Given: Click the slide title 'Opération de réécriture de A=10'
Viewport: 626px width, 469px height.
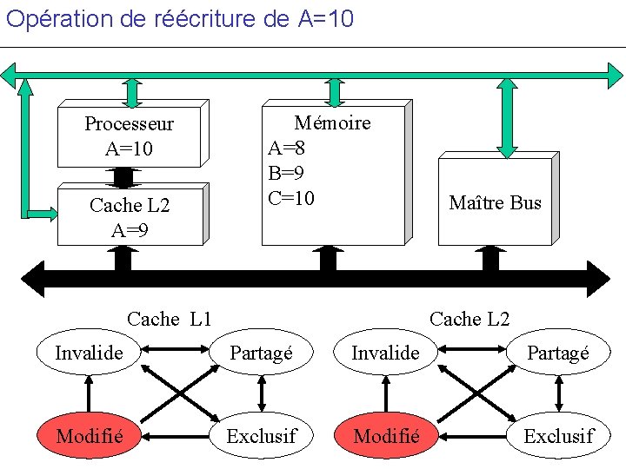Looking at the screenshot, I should tap(180, 18).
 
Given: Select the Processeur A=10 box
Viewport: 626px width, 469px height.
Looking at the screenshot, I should tap(129, 136).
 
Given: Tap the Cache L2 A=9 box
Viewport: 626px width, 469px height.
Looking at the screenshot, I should tap(130, 217).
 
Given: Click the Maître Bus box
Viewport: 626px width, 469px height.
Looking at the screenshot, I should tap(495, 203).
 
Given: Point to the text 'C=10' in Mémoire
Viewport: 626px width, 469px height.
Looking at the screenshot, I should tap(291, 198).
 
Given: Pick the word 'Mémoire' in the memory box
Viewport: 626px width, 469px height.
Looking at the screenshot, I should tap(332, 122).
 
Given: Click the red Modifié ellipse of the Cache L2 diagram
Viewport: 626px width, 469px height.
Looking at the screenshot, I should tap(387, 435).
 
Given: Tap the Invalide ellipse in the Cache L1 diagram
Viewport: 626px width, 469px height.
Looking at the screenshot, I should tap(89, 353).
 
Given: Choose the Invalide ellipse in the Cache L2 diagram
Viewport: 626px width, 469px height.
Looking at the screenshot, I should tap(385, 353).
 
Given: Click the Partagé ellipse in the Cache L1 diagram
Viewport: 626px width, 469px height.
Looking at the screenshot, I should tap(261, 353).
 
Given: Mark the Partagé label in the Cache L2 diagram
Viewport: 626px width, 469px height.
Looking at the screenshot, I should tap(558, 353).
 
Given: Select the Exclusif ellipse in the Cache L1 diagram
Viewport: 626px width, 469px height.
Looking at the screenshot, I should tap(261, 435).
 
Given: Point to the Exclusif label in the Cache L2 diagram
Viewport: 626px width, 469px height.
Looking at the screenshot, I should tap(558, 435).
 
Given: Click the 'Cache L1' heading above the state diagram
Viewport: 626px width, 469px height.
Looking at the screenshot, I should tap(170, 319).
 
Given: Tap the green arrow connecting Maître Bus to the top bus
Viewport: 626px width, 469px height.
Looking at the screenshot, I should tap(507, 117).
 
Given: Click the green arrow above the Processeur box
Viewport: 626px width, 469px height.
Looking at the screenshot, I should tap(132, 91).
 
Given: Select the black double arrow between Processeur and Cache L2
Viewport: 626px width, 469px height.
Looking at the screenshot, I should tap(123, 176).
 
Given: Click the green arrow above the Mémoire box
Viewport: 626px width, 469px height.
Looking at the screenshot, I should tap(334, 91).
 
